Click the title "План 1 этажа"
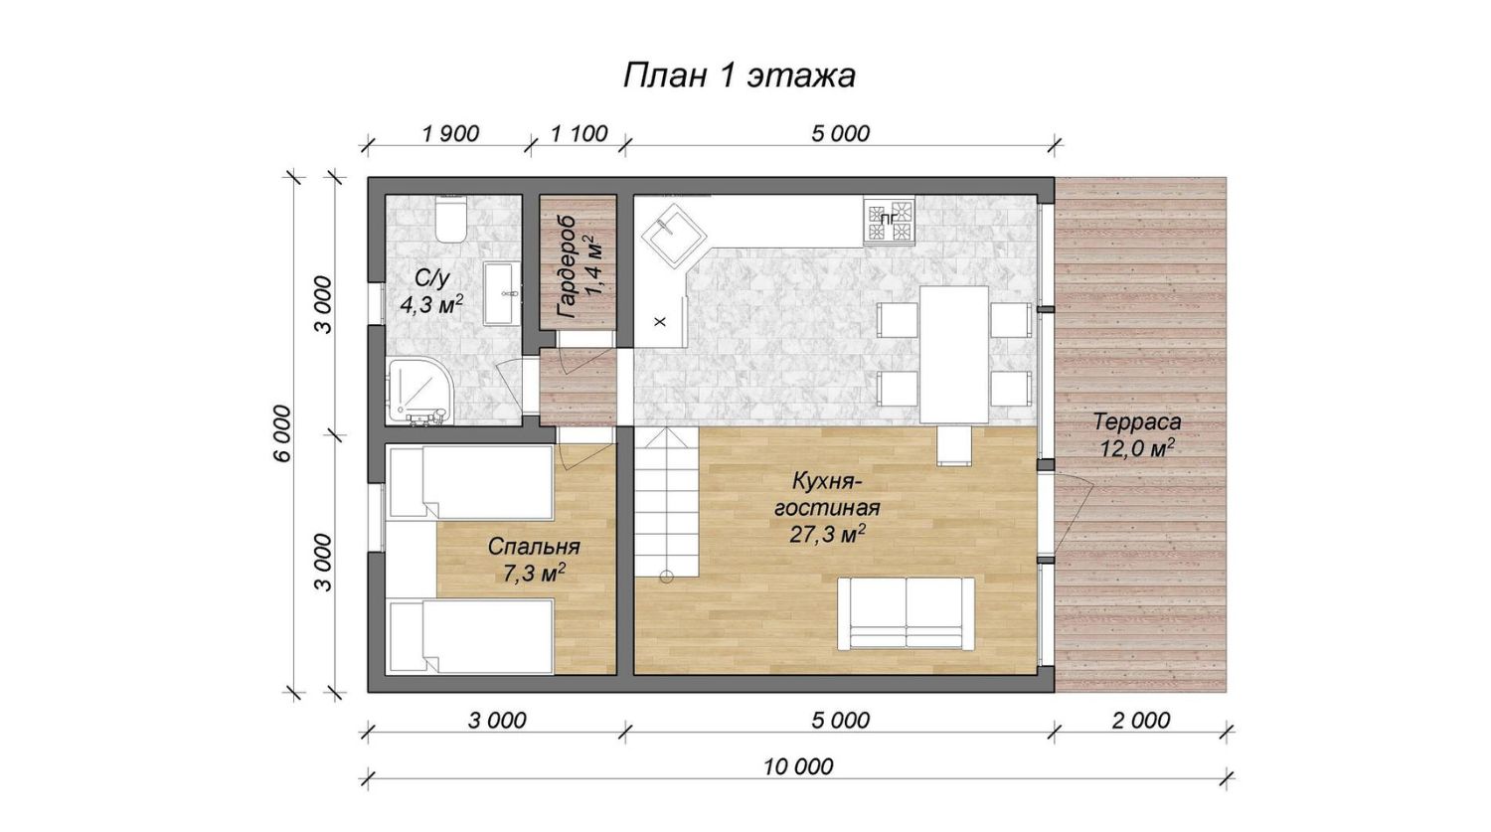tap(739, 76)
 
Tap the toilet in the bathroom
tap(451, 219)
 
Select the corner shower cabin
tap(420, 392)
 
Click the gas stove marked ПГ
tap(889, 219)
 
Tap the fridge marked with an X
tap(660, 321)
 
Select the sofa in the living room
tap(906, 613)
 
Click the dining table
tap(954, 355)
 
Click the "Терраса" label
tap(1137, 422)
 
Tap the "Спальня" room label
tap(534, 548)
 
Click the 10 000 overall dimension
tap(798, 766)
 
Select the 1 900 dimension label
tap(450, 134)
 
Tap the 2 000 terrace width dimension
tap(1140, 721)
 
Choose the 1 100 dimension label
tap(580, 134)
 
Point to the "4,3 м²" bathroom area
tap(431, 305)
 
